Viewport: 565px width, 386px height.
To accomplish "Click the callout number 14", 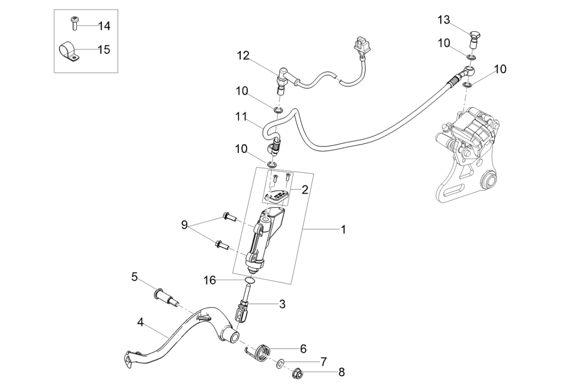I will click(x=104, y=25).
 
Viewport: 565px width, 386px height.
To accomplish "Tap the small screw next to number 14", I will click(x=74, y=23).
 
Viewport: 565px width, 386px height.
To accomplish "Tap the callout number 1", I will click(x=343, y=230).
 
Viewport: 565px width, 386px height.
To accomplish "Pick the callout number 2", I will click(x=305, y=190).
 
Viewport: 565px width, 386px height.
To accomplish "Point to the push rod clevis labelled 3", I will click(x=244, y=309).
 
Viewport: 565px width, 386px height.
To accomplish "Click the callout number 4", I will click(x=140, y=323).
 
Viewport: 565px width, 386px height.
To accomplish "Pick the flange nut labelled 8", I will click(x=299, y=371).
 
